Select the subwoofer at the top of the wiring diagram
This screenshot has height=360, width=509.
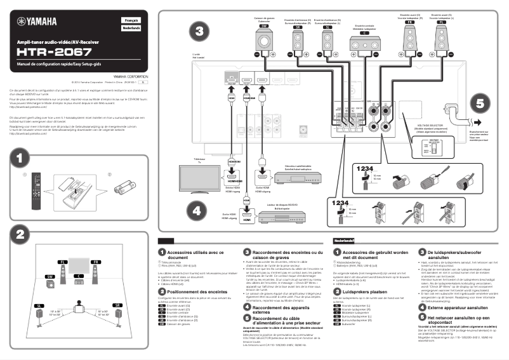(x=263, y=42)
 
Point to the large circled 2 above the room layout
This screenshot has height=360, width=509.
(x=20, y=234)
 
